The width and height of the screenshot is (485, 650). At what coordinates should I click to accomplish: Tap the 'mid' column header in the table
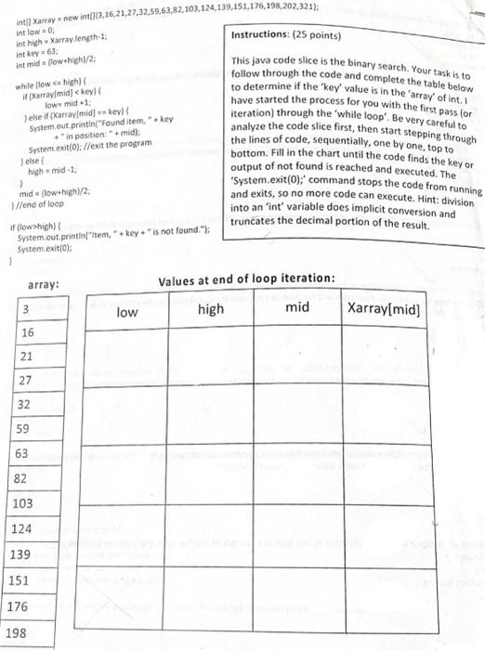pyautogui.click(x=297, y=306)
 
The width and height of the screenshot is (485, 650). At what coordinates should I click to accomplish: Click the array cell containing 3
pyautogui.click(x=27, y=308)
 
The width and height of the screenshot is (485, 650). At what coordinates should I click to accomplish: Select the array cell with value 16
pyautogui.click(x=27, y=332)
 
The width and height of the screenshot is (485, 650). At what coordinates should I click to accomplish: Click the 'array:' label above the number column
pyautogui.click(x=45, y=284)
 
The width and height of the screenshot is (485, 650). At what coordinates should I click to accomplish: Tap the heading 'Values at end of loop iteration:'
pyautogui.click(x=246, y=279)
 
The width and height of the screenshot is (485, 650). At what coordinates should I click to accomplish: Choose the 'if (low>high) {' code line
pyautogui.click(x=37, y=227)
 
